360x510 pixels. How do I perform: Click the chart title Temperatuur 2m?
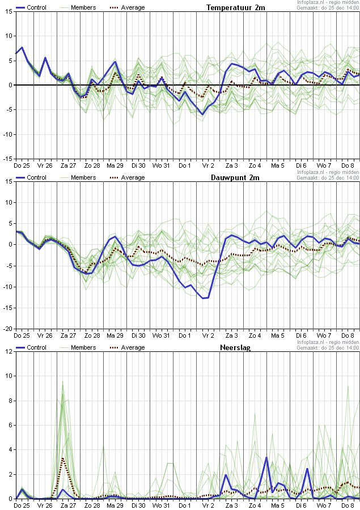coord(235,7)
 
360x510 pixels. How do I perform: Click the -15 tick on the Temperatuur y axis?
coord(8,159)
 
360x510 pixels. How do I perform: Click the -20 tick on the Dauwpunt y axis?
coord(8,329)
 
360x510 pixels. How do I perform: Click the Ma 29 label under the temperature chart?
coord(116,165)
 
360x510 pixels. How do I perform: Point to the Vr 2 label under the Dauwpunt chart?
coord(209,335)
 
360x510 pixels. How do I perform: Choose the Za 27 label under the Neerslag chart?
coord(69,505)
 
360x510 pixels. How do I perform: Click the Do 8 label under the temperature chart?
coord(348,165)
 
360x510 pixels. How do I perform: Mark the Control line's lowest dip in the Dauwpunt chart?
coord(204,298)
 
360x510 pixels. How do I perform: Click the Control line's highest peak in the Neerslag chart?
coord(266,457)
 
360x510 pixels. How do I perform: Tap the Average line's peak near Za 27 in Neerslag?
coord(63,458)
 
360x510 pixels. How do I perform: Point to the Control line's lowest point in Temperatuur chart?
coord(202,114)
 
